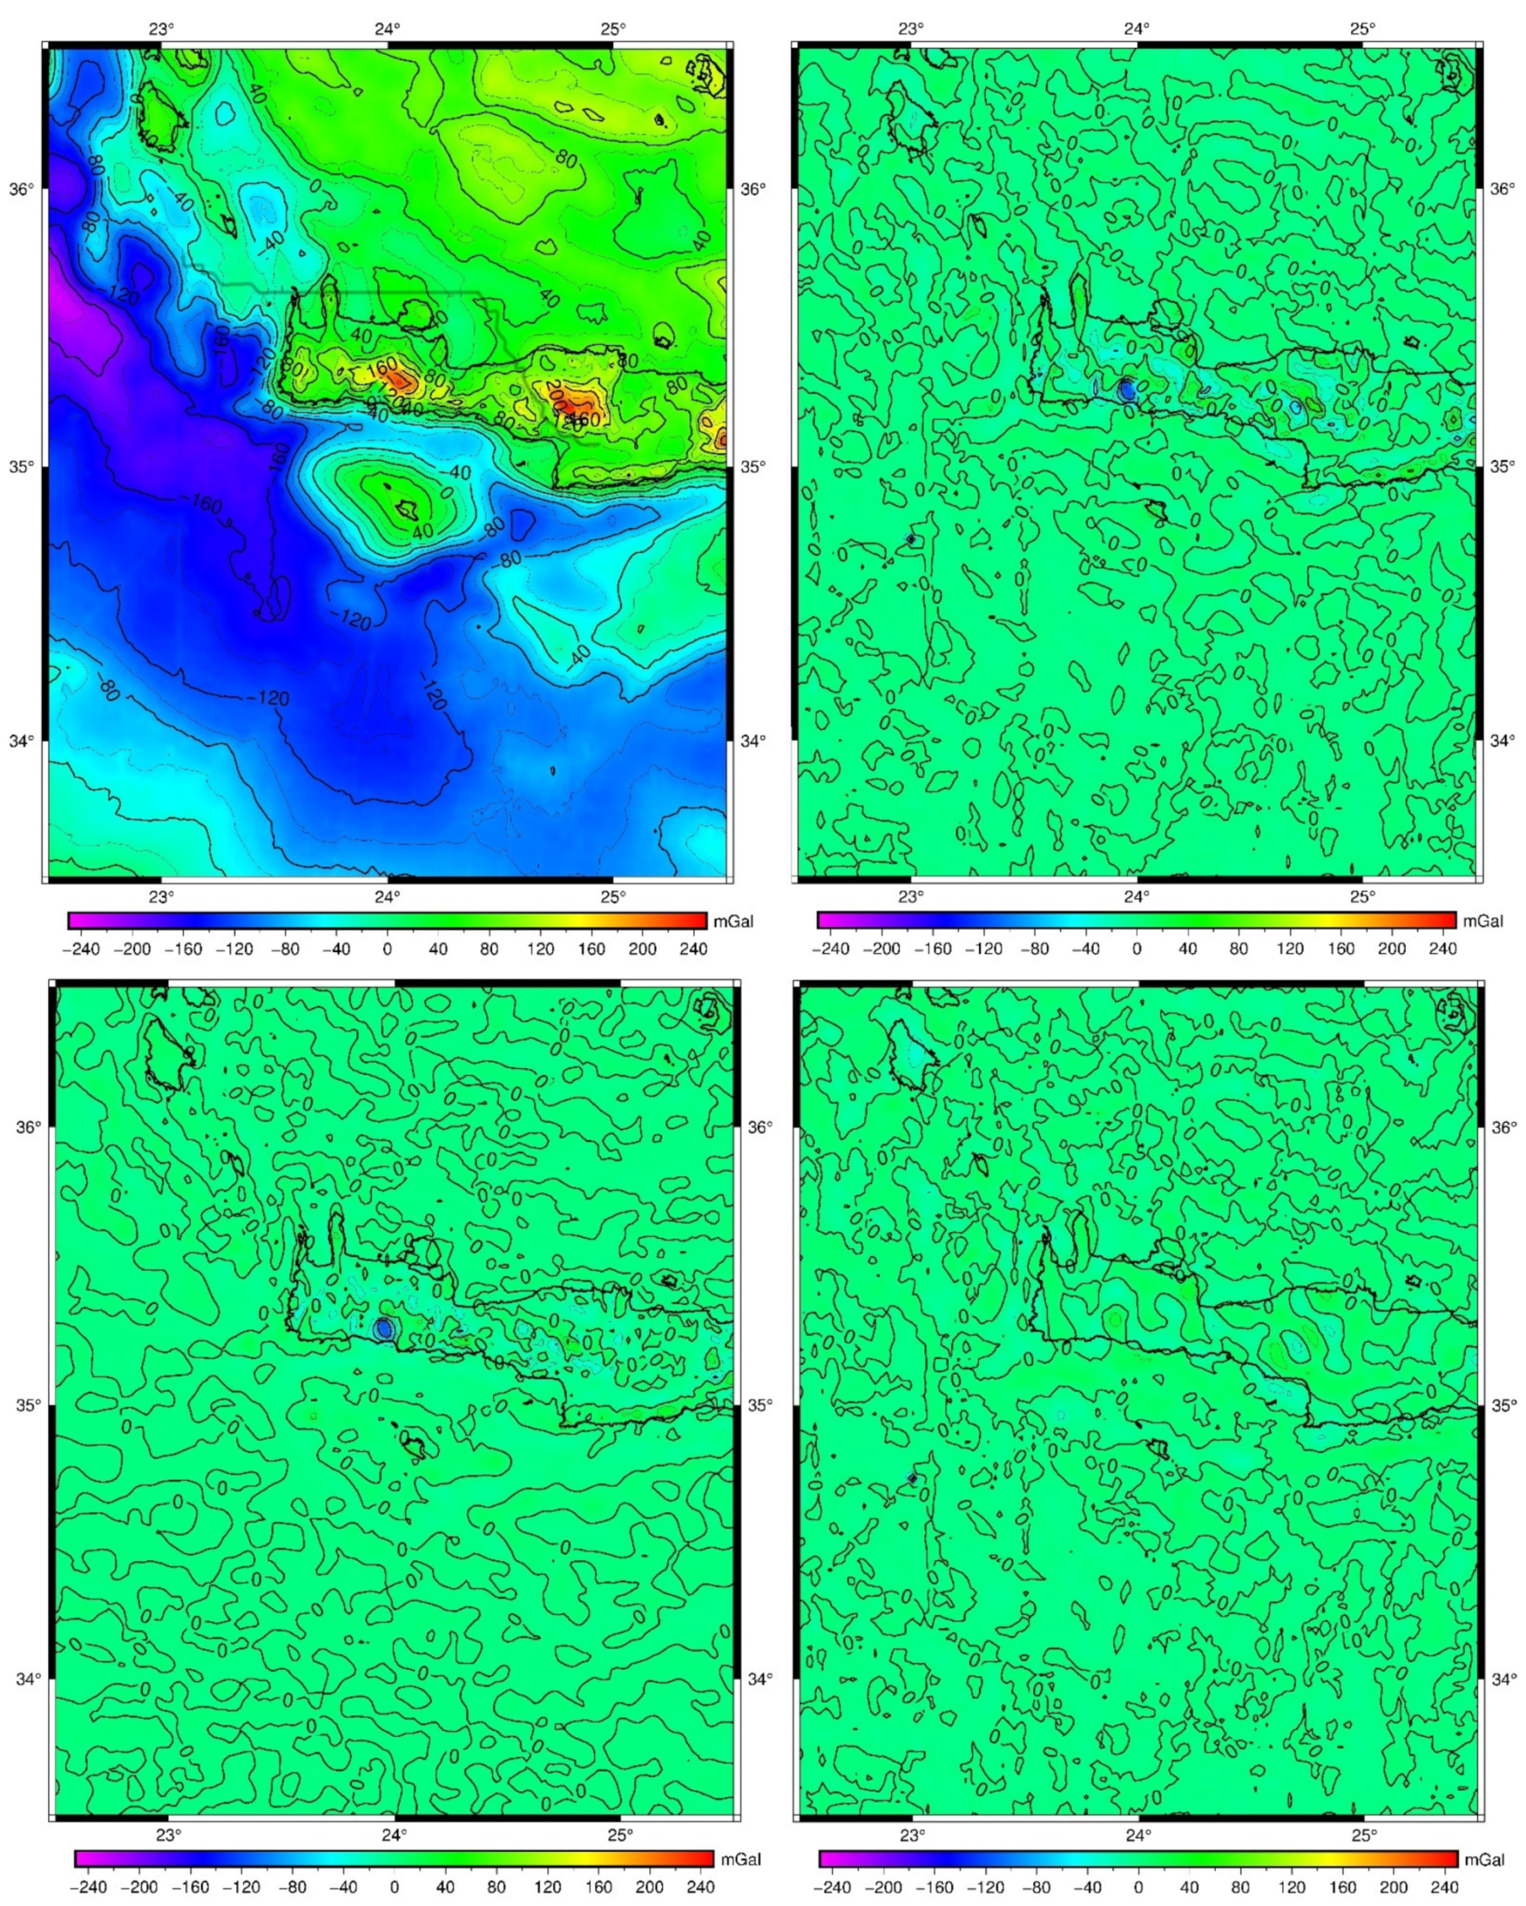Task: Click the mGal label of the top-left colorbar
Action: pos(733,921)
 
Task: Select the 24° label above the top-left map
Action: pos(386,29)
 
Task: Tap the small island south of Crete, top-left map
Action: pos(407,509)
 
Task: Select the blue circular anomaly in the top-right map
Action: pos(1126,389)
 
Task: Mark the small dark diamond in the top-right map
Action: pos(911,539)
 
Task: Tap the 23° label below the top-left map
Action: pos(161,896)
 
